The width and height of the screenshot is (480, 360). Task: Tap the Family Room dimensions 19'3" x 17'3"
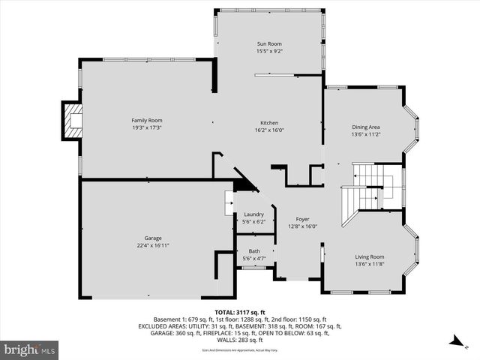pos(147,128)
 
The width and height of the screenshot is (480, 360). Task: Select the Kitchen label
pos(270,123)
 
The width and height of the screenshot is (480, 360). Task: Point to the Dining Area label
pos(366,127)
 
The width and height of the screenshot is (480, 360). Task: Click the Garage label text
pos(153,237)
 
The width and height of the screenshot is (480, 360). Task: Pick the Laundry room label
pos(253,214)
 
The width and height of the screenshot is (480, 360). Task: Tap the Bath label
pos(253,251)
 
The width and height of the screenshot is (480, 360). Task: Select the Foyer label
pos(302,219)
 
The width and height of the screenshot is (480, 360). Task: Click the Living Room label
pos(369,256)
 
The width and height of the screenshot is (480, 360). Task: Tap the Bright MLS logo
pos(30,349)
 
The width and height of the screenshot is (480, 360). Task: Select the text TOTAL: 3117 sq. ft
pos(240,311)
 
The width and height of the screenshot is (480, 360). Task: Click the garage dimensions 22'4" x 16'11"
pos(153,244)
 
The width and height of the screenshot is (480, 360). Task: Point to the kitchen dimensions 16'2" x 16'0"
pos(270,130)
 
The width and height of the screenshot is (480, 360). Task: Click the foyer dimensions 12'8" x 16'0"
pos(302,226)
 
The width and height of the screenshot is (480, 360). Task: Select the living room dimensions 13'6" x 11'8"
pos(369,264)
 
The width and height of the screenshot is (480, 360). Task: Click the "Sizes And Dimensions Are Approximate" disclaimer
pos(240,350)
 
